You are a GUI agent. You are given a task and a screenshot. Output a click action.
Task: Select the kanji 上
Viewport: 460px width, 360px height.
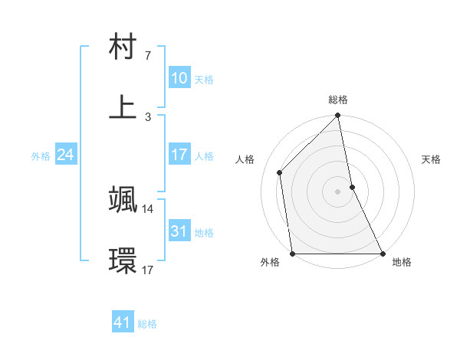123,107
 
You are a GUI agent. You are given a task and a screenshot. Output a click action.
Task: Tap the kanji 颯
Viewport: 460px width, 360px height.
123,199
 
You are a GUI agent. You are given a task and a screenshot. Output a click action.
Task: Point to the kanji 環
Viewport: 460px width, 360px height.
123,260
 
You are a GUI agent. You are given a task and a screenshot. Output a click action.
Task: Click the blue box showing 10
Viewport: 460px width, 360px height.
179,78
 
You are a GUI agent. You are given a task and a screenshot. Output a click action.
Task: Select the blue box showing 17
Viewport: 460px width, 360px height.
179,155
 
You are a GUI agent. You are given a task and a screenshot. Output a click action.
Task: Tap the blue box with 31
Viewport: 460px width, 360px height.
179,231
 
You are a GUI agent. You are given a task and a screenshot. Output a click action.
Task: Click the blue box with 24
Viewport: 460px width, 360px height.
65,155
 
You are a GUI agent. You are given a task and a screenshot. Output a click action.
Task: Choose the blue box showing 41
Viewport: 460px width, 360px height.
123,322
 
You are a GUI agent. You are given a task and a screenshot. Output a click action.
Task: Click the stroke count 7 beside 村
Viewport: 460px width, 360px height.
147,56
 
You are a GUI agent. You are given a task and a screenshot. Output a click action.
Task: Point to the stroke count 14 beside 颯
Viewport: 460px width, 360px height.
148,208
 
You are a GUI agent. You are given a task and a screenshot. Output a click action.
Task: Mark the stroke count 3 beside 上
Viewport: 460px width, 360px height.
148,116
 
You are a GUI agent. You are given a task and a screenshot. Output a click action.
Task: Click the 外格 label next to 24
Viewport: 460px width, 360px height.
41,156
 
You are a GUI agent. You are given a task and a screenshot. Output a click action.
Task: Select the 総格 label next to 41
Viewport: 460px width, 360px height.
147,324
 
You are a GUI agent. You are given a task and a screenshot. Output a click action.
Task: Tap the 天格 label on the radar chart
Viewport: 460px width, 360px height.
432,159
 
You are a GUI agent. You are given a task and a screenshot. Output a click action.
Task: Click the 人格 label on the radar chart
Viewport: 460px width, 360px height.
246,159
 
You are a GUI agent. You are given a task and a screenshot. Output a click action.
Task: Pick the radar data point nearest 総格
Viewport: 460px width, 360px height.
338,116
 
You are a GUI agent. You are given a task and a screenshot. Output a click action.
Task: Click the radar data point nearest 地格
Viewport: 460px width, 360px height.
382,253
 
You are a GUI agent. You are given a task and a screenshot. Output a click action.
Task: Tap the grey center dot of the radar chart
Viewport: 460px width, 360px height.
338,191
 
